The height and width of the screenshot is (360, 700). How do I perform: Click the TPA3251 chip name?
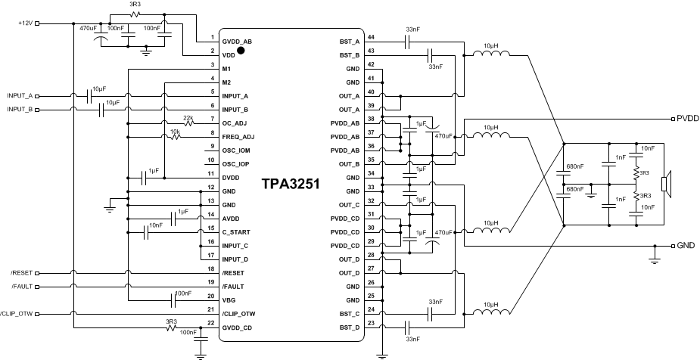291,184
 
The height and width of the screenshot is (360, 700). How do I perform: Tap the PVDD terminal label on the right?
687,119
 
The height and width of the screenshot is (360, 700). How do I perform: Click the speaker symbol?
665,184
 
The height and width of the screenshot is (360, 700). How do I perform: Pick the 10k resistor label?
175,131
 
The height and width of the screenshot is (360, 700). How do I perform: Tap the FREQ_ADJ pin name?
238,136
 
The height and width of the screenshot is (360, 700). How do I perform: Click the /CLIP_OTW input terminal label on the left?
17,313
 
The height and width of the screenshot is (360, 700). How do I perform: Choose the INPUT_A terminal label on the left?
20,96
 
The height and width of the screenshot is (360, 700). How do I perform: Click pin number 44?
370,38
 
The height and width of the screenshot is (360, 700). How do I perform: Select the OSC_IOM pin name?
236,150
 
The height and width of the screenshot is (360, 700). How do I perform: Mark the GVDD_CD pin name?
238,326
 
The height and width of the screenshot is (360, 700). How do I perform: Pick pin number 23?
370,324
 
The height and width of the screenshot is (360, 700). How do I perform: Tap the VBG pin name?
229,299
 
